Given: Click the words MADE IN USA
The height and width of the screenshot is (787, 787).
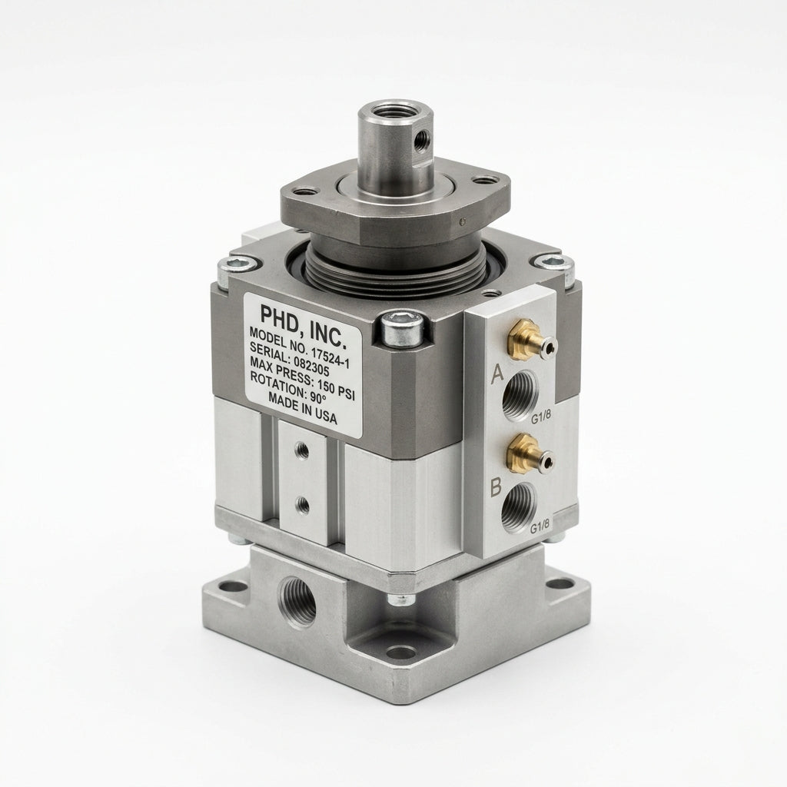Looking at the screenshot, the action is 303,407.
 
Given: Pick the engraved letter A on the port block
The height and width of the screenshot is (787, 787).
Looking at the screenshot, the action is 497,374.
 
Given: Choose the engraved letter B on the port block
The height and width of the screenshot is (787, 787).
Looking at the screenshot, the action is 496,486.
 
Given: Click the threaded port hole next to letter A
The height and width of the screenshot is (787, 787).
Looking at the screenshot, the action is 520,395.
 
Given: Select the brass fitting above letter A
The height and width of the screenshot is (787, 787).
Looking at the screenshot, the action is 530,340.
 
